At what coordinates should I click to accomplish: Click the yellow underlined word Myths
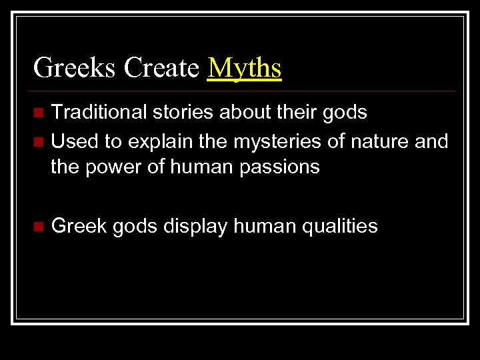tap(244, 68)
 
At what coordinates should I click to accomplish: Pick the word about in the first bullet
tap(237, 112)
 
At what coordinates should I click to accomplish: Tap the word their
tap(292, 112)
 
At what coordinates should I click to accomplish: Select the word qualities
tap(340, 227)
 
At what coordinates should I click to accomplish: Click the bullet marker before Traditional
tap(39, 111)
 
